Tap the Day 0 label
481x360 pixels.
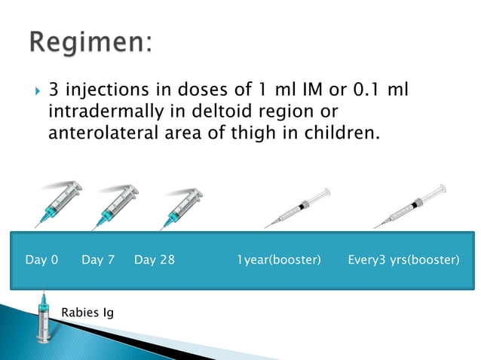click(x=41, y=260)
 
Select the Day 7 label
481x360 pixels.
click(x=98, y=260)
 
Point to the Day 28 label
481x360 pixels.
click(x=155, y=260)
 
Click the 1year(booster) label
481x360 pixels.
click(x=279, y=260)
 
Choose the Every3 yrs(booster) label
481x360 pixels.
click(x=403, y=260)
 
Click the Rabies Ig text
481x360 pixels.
click(x=87, y=312)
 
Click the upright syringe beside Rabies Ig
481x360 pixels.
click(x=44, y=320)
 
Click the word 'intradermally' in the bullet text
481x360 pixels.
click(x=92, y=113)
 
